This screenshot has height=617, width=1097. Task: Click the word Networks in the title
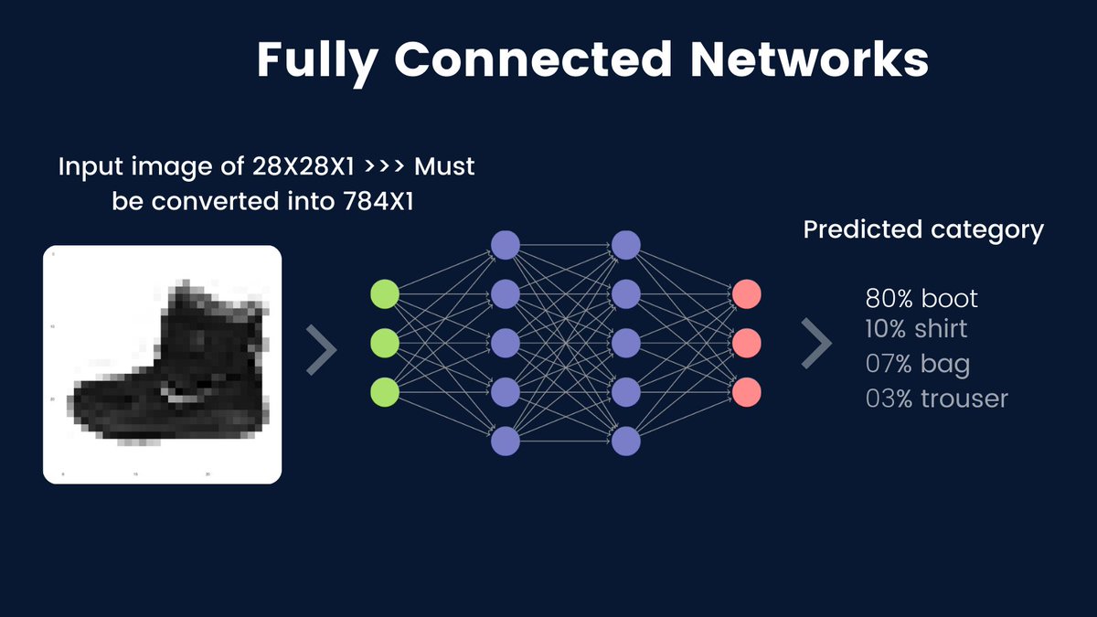tap(810, 61)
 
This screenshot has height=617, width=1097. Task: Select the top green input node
tap(385, 295)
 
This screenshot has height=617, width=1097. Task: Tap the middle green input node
tap(385, 344)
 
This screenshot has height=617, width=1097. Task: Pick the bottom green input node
tap(385, 392)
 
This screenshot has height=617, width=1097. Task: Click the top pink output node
tap(746, 295)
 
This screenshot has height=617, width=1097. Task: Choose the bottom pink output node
tap(746, 392)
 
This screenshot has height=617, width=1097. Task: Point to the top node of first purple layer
tap(506, 245)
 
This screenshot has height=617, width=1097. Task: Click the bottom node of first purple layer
tap(506, 441)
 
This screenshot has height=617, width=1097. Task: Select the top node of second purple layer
tap(626, 245)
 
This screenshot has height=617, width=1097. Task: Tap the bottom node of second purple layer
tap(626, 441)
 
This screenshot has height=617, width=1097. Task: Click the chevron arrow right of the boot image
tap(321, 348)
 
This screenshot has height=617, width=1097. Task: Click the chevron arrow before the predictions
tap(816, 345)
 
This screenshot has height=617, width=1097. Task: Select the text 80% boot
tap(921, 299)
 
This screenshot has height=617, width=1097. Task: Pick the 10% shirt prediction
tap(916, 329)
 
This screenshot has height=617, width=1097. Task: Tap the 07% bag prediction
tap(918, 365)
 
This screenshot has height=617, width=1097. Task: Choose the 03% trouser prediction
tap(937, 399)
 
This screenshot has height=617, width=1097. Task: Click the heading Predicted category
tap(923, 230)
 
